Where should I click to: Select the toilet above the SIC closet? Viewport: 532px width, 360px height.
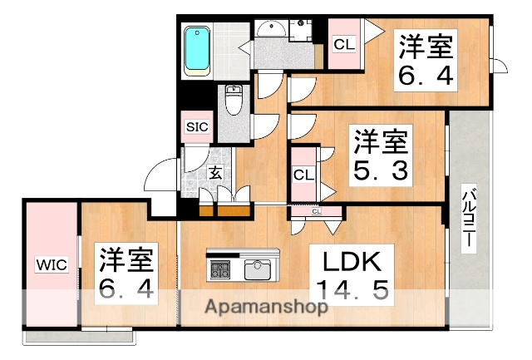234,102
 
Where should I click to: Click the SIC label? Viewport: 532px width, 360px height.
197,127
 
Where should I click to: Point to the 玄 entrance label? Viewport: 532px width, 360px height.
214,173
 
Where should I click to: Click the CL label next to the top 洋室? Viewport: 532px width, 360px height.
343,43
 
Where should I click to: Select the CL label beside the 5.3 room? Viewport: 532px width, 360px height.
303,175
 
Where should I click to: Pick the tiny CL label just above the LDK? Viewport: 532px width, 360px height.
316,211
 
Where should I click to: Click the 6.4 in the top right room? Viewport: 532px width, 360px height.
424,76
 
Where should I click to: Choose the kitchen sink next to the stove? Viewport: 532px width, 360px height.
257,269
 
